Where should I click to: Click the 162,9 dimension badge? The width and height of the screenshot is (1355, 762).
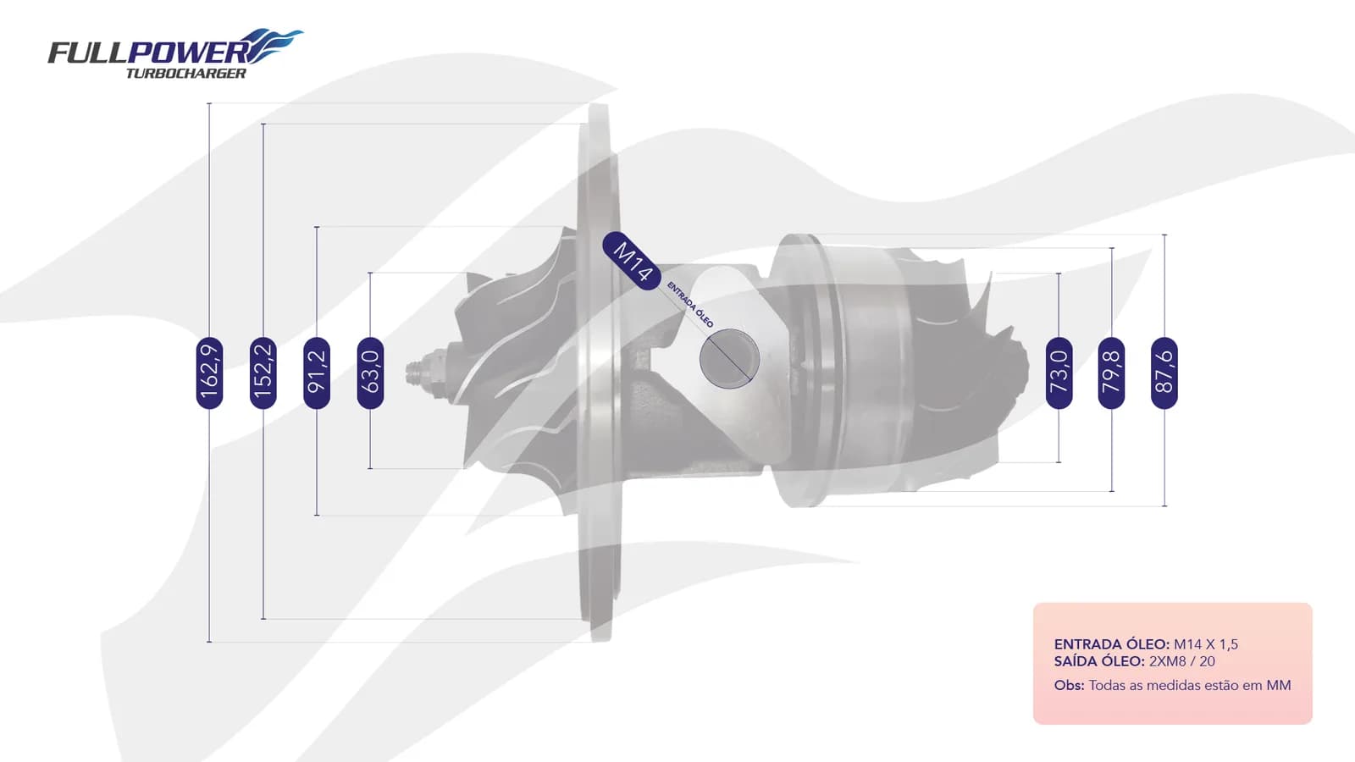(209, 373)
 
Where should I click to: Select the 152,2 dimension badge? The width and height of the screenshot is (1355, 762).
(263, 373)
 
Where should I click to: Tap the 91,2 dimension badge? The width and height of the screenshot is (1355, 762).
(317, 373)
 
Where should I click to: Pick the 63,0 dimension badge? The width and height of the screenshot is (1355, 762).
(370, 373)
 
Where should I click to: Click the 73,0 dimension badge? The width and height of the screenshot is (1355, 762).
(1059, 373)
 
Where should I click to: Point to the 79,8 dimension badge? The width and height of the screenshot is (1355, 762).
(1112, 373)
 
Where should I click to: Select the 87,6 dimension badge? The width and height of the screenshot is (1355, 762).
(1164, 373)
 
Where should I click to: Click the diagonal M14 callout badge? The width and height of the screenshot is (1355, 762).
(632, 261)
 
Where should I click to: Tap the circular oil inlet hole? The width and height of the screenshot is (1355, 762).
(729, 359)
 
